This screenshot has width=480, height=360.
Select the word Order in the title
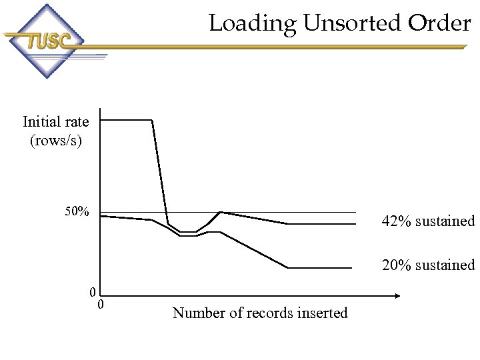440,24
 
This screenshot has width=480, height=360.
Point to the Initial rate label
56,121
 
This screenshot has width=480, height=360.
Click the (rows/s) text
56,141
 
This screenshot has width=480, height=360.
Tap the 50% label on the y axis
77,212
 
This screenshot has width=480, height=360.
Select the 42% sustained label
428,221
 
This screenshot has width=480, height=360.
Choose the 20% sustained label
428,265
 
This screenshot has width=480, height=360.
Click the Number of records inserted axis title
260,313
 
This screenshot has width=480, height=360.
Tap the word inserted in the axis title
323,313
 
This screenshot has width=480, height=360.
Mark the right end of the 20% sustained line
351,268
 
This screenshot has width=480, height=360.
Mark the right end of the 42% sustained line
355,224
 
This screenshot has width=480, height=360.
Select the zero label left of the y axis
93,291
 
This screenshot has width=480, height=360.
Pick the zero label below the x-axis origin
101,305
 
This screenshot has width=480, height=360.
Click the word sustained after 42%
445,221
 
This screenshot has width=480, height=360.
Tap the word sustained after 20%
445,265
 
